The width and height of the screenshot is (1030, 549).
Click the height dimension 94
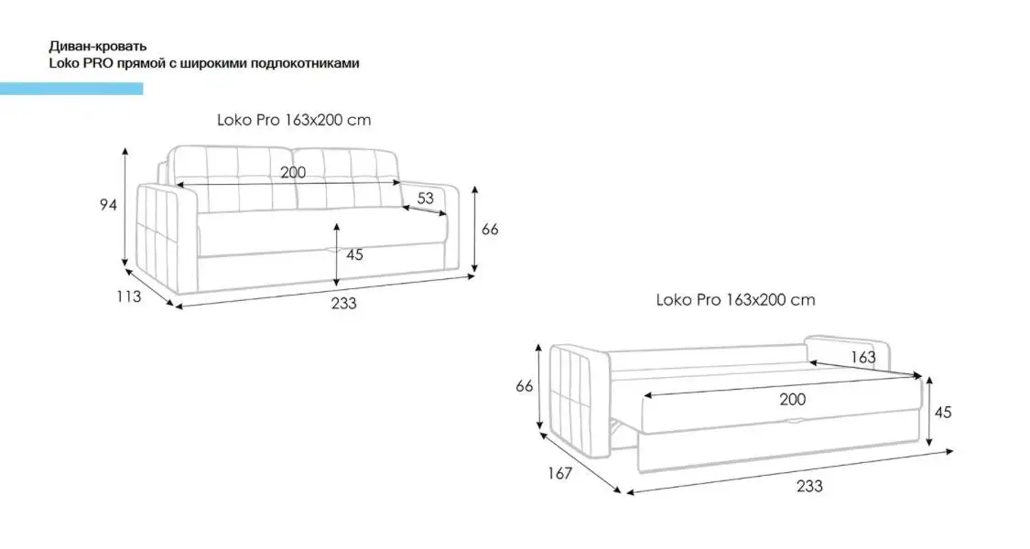(x=108, y=205)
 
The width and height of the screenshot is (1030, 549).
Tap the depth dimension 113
(x=129, y=296)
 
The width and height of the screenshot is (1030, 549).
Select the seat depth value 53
(x=426, y=199)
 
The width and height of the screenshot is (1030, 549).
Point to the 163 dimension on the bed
(x=863, y=357)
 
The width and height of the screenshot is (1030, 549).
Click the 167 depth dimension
(x=559, y=473)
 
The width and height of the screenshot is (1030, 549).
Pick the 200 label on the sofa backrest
(x=293, y=173)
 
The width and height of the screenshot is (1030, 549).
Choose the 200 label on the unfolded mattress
(x=792, y=399)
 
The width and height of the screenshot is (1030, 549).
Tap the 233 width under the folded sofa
(x=343, y=303)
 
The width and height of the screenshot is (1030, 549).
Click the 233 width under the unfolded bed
(x=809, y=486)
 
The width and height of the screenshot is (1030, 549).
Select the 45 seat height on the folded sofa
(x=354, y=254)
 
